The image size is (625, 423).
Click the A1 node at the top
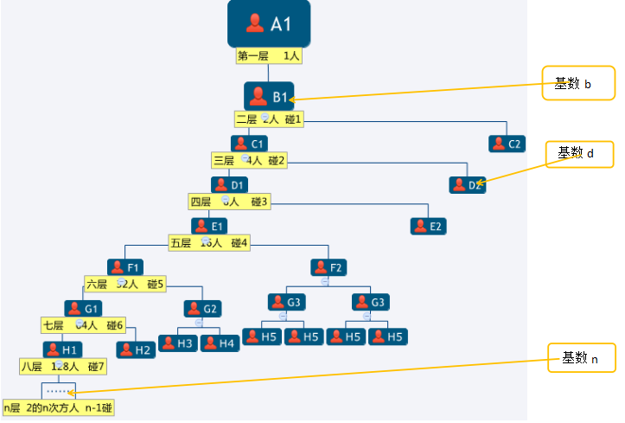269,23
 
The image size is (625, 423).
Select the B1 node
270,96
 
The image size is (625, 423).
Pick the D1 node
230,184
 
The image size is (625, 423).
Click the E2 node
428,226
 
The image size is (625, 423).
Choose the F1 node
125,267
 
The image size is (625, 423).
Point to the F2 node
328,267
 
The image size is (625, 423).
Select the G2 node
201,308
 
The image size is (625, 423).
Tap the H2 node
135,349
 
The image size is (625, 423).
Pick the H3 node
177,343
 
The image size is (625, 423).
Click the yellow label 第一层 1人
269,56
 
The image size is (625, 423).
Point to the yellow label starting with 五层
210,243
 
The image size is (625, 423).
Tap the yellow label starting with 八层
63,367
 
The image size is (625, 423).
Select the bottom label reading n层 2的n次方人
60,407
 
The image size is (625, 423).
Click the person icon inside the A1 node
255,23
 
